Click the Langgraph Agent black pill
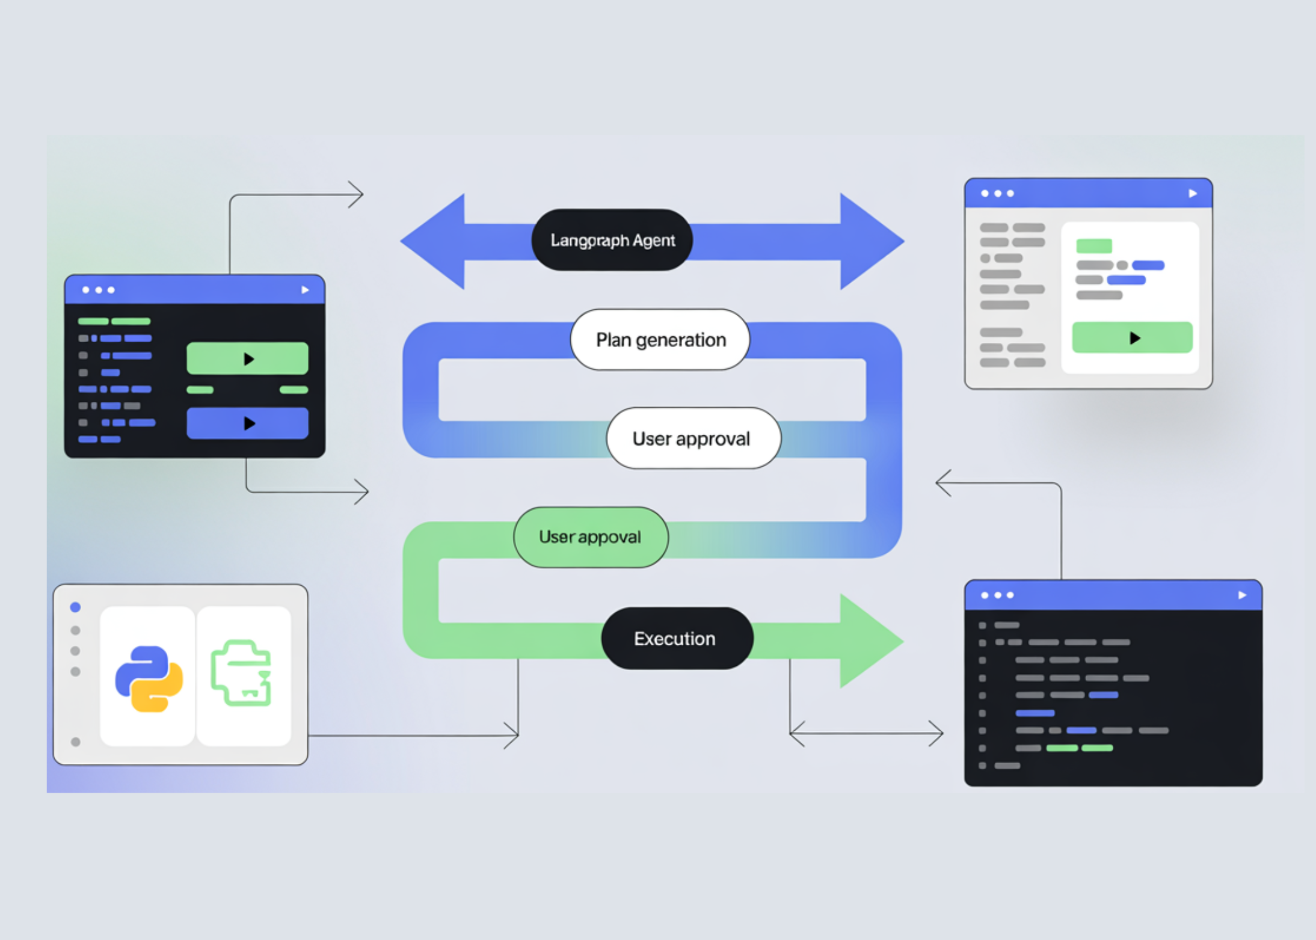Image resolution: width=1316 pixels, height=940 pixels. tap(612, 240)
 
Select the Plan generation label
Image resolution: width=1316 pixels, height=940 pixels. tap(660, 340)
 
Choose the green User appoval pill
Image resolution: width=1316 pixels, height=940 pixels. tap(591, 537)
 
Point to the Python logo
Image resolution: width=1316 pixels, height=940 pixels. tap(149, 678)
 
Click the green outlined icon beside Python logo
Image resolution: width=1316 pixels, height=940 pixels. tap(242, 674)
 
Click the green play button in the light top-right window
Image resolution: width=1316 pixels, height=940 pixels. tap(1132, 337)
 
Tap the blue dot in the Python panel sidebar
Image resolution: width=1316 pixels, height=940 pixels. tap(75, 607)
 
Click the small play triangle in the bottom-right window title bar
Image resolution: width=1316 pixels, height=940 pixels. tap(1242, 595)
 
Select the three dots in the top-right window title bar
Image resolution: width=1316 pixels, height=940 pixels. tap(997, 194)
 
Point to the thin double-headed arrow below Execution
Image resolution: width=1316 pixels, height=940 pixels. tap(866, 733)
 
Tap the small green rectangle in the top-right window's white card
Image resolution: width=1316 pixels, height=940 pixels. tap(1093, 245)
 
